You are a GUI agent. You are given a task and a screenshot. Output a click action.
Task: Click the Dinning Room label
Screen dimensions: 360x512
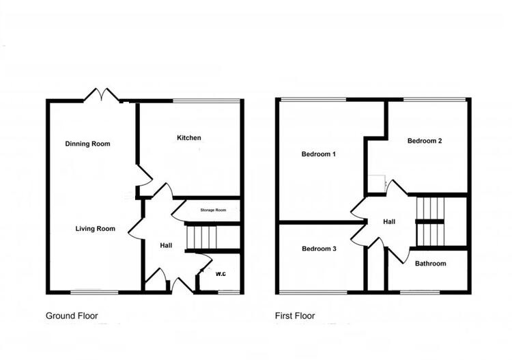[87, 144]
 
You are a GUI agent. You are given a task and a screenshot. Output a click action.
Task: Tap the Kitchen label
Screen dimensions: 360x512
[189, 138]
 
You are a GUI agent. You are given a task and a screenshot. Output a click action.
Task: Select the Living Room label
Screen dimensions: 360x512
[95, 229]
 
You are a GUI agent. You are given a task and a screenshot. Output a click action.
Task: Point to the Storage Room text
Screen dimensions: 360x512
[212, 210]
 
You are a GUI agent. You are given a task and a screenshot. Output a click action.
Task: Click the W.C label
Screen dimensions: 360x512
[221, 275]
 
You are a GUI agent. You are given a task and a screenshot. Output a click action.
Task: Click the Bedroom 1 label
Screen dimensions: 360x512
[319, 154]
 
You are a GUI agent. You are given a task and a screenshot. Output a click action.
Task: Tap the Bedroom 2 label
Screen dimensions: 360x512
[425, 141]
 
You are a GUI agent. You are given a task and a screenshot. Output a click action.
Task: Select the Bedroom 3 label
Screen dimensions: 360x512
[319, 249]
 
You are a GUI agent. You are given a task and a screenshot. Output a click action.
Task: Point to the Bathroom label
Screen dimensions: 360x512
[430, 264]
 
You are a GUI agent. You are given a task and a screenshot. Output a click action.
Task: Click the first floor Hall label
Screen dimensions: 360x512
[389, 221]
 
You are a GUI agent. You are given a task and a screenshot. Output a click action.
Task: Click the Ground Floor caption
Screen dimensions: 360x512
[72, 316]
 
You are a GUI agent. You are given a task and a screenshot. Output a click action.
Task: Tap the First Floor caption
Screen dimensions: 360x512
[295, 316]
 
